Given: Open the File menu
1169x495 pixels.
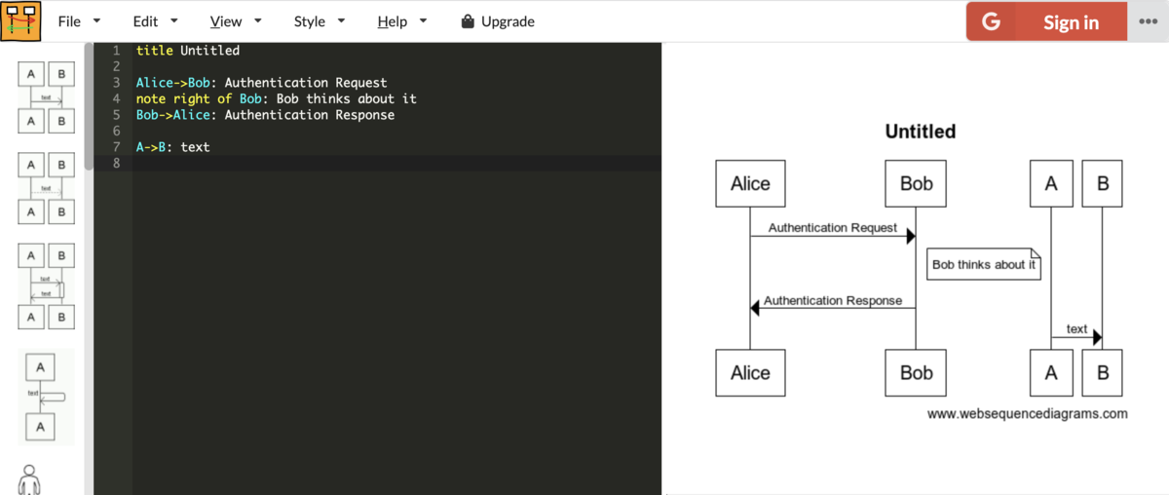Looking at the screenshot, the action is pyautogui.click(x=78, y=21).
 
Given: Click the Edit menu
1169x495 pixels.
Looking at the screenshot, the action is pyautogui.click(x=155, y=21).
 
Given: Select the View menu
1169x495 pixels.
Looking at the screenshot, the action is pyautogui.click(x=236, y=21).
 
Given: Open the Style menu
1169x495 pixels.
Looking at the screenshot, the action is pyautogui.click(x=319, y=21).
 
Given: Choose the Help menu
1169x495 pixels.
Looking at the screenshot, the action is pyautogui.click(x=401, y=21).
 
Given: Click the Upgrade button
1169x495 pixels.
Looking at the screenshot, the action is pyautogui.click(x=498, y=21).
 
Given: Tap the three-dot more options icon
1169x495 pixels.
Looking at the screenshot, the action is pyautogui.click(x=1149, y=21).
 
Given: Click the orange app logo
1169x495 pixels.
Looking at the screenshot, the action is pyautogui.click(x=20, y=20).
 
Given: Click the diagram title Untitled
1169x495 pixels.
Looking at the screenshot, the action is pyautogui.click(x=920, y=132).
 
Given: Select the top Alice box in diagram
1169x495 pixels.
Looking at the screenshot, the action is pyautogui.click(x=750, y=183).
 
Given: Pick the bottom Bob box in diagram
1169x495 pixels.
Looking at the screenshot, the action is pyautogui.click(x=916, y=373).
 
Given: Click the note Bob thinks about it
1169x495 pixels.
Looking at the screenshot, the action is pyautogui.click(x=984, y=264).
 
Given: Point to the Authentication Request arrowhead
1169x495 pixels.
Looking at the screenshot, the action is pyautogui.click(x=911, y=236).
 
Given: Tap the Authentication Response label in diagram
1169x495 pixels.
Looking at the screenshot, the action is pyautogui.click(x=833, y=300).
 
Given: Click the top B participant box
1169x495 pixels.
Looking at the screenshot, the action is pyautogui.click(x=1102, y=183).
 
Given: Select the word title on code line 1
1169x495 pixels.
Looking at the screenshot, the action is pyautogui.click(x=155, y=50).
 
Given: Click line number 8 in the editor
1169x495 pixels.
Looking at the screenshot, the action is pyautogui.click(x=116, y=163).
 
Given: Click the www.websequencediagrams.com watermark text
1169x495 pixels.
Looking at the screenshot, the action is pyautogui.click(x=1027, y=413).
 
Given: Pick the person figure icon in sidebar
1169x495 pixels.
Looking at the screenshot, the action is pyautogui.click(x=29, y=479).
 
